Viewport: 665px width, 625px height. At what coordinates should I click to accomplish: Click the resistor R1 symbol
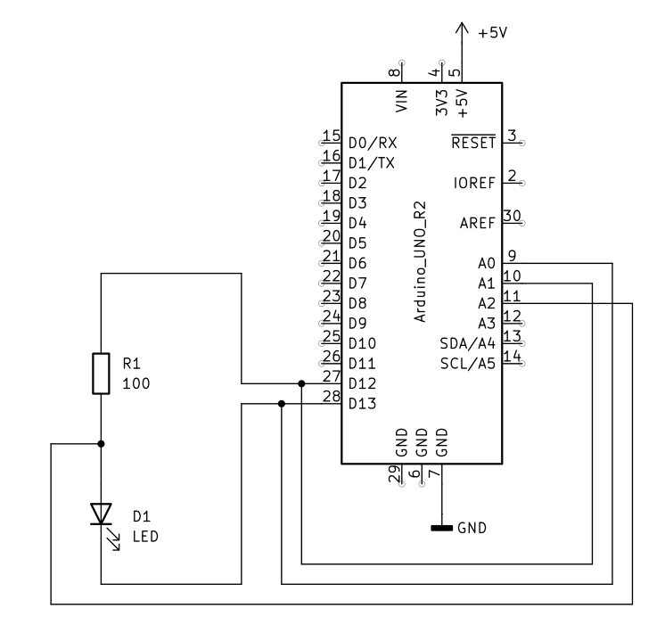tap(101, 373)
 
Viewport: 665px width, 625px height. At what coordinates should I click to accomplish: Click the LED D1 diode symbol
tap(101, 513)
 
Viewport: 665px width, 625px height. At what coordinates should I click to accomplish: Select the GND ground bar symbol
tap(441, 528)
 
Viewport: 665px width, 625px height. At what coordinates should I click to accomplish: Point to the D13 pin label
tap(362, 404)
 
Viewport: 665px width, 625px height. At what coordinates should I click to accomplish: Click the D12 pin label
tap(362, 383)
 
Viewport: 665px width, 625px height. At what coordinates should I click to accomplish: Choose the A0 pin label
tap(486, 263)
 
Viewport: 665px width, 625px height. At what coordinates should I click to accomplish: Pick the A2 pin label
tap(486, 303)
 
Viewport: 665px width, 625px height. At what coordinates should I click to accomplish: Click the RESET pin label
tap(473, 143)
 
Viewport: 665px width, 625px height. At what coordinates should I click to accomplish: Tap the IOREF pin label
tap(475, 183)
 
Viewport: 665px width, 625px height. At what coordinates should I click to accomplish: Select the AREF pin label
tap(478, 223)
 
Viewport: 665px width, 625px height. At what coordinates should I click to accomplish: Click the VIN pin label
tap(401, 98)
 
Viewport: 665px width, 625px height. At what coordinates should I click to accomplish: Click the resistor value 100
tap(135, 383)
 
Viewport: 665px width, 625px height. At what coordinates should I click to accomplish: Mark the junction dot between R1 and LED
tap(101, 443)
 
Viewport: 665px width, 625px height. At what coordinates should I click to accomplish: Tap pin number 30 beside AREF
tap(512, 215)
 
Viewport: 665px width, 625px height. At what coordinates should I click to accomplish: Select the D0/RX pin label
tap(373, 143)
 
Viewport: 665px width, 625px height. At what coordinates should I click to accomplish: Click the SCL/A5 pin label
tap(467, 364)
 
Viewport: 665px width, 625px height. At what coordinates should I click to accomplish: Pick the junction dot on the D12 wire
tap(301, 383)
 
